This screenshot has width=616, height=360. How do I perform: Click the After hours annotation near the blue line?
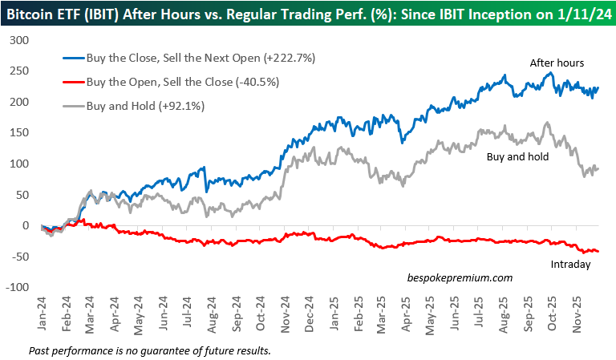click(556, 62)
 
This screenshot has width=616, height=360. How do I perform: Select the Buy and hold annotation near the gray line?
click(517, 157)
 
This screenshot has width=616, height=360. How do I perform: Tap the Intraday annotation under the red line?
click(570, 264)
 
